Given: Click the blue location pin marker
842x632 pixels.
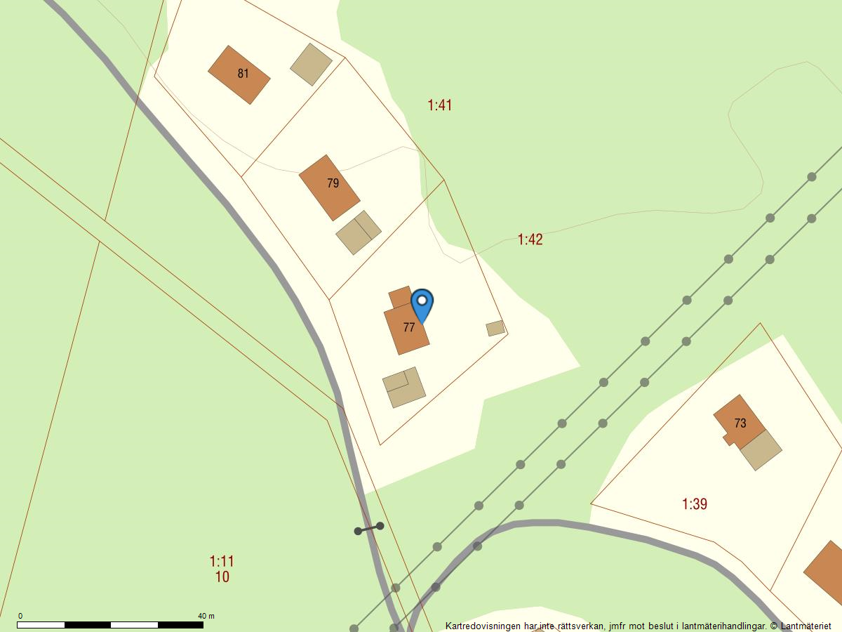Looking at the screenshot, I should coord(422,303).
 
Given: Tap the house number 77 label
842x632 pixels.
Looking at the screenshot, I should coord(409,327).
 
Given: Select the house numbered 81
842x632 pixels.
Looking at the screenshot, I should coord(239,74).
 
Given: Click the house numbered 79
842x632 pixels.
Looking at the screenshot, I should coord(329,187).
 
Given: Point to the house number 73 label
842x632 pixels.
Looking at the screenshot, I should coord(740,423).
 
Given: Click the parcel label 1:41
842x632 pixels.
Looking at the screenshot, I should coord(440,105).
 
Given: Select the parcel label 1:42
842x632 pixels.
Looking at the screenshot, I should coord(530,239).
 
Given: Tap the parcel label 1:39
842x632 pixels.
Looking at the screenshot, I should coord(695,503).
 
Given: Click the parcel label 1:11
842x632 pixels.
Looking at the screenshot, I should coord(222,561).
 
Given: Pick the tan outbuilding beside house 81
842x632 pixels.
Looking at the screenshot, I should coord(312,65).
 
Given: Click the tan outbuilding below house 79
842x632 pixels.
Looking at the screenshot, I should coord(359,232).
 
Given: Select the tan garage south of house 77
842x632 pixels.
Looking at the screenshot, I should coord(404,387).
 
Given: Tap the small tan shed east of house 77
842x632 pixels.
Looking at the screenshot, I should coord(495,328).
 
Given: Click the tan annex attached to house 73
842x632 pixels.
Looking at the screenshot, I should coord(761,449).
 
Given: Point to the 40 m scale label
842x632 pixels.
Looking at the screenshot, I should coord(206,616).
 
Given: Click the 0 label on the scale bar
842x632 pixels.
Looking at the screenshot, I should coord(20,616).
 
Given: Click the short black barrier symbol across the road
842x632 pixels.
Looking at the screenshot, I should coord(369,528).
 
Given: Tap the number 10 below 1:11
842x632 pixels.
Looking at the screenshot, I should coord(222,577).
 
